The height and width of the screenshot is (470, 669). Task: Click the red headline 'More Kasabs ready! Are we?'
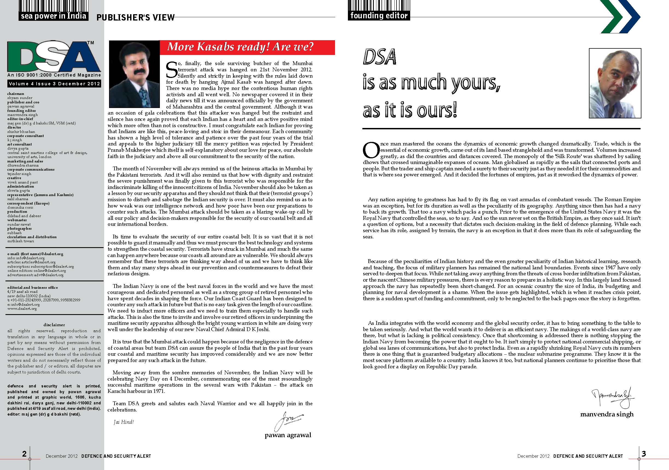point(240,47)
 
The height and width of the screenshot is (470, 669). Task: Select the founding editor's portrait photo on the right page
point(615,83)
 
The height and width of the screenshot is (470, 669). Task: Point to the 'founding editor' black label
point(379,16)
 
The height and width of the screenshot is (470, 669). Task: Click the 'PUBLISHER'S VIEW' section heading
point(136,18)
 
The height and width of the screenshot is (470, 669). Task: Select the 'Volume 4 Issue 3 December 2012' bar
point(54,84)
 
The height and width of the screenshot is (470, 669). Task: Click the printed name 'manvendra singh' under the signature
point(607,414)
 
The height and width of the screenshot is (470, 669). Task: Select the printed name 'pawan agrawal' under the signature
point(288,435)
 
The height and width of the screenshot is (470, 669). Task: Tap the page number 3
point(644,453)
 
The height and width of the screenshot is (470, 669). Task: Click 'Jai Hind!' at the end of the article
point(124,422)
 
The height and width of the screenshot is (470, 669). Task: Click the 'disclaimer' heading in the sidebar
point(54,325)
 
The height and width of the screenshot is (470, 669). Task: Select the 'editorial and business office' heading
point(33,287)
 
